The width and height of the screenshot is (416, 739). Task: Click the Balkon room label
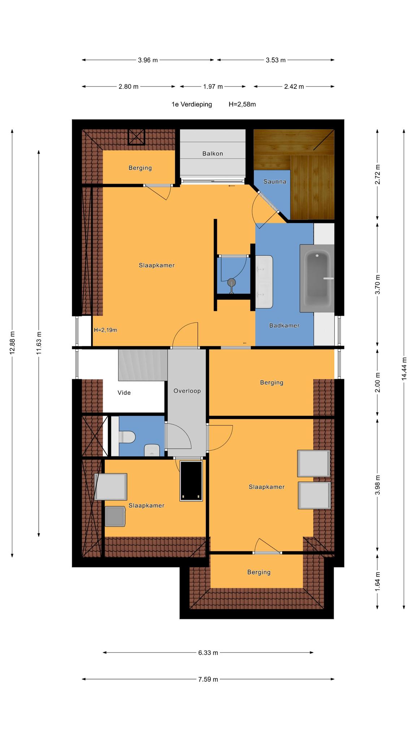[x=212, y=154]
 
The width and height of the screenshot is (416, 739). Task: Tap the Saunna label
[x=274, y=182]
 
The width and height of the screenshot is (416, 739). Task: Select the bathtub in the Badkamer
[x=317, y=278]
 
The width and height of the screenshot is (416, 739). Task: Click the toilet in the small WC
[x=127, y=437]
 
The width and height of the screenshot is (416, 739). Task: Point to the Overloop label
[x=187, y=391]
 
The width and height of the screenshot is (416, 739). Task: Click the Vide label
[x=124, y=393]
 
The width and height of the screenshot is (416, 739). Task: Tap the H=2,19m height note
[x=105, y=330]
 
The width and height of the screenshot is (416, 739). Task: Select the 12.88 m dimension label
[x=12, y=343]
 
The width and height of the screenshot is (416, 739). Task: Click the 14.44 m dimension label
[x=404, y=368]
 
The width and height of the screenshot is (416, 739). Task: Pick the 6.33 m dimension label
[x=208, y=652]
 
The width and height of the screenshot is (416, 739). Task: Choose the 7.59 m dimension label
[x=208, y=679]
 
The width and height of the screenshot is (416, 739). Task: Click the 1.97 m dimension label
[x=213, y=87]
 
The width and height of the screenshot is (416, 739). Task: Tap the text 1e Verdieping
[x=192, y=105]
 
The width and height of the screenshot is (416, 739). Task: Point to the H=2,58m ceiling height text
[x=242, y=105]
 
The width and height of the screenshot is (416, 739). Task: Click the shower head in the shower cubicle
[x=231, y=283]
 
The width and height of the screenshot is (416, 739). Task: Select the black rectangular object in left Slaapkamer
[x=191, y=481]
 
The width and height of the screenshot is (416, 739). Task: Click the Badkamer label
[x=284, y=325]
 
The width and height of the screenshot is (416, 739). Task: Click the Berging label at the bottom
[x=259, y=572]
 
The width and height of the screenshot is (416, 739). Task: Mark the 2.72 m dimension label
[x=378, y=174]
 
